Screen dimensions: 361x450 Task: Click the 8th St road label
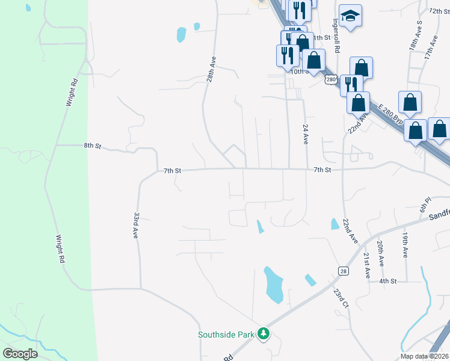93,145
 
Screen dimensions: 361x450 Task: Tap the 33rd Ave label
137,226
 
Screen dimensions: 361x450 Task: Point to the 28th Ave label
211,70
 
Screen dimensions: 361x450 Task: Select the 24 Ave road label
305,135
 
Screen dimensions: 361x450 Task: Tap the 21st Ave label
367,265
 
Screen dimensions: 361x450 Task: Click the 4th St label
387,281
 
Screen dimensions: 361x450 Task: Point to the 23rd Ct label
341,299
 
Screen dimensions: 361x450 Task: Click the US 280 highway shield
330,79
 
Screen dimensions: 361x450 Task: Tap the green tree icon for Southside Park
263,333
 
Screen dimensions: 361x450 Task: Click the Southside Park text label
226,335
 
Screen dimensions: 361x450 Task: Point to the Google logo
20,353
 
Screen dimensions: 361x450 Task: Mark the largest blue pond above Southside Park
274,285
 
